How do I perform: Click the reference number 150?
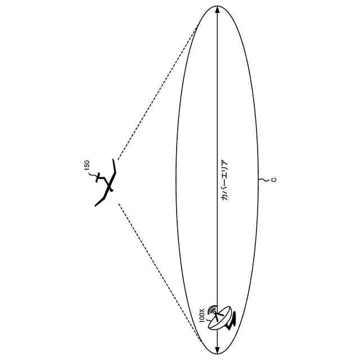point(86,165)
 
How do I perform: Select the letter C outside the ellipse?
point(272,180)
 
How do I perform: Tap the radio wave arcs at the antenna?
point(212,309)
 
